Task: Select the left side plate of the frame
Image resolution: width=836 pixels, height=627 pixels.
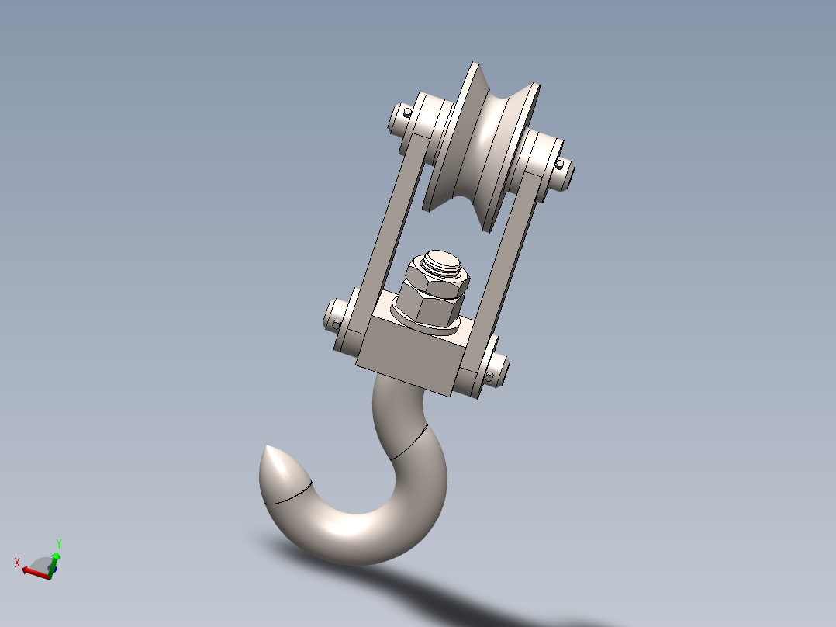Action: click(x=392, y=225)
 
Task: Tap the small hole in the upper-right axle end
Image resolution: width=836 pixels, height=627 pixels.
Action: click(x=559, y=164)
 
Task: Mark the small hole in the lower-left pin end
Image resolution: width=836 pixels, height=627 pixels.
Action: click(x=337, y=324)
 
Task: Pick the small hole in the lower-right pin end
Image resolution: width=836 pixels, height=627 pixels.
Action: click(x=489, y=377)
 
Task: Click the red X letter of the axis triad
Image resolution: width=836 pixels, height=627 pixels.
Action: click(x=16, y=562)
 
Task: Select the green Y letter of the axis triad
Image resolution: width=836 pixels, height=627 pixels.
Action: click(x=59, y=544)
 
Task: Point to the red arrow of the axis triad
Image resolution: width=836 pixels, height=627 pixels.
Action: click(x=33, y=571)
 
